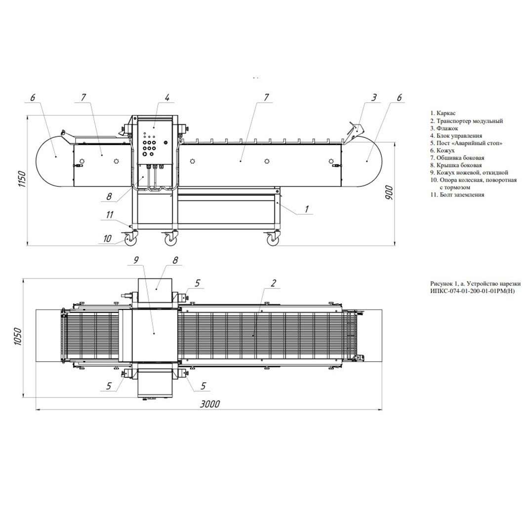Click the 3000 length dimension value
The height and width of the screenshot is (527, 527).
[210, 404]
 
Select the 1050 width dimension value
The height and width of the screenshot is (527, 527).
[18, 337]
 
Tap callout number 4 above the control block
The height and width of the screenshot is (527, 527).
[167, 97]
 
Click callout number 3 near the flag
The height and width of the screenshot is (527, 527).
[374, 97]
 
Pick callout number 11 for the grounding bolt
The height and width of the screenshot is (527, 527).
[110, 215]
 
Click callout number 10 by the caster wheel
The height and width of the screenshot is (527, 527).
[107, 238]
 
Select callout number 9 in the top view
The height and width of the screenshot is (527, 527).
[136, 260]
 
